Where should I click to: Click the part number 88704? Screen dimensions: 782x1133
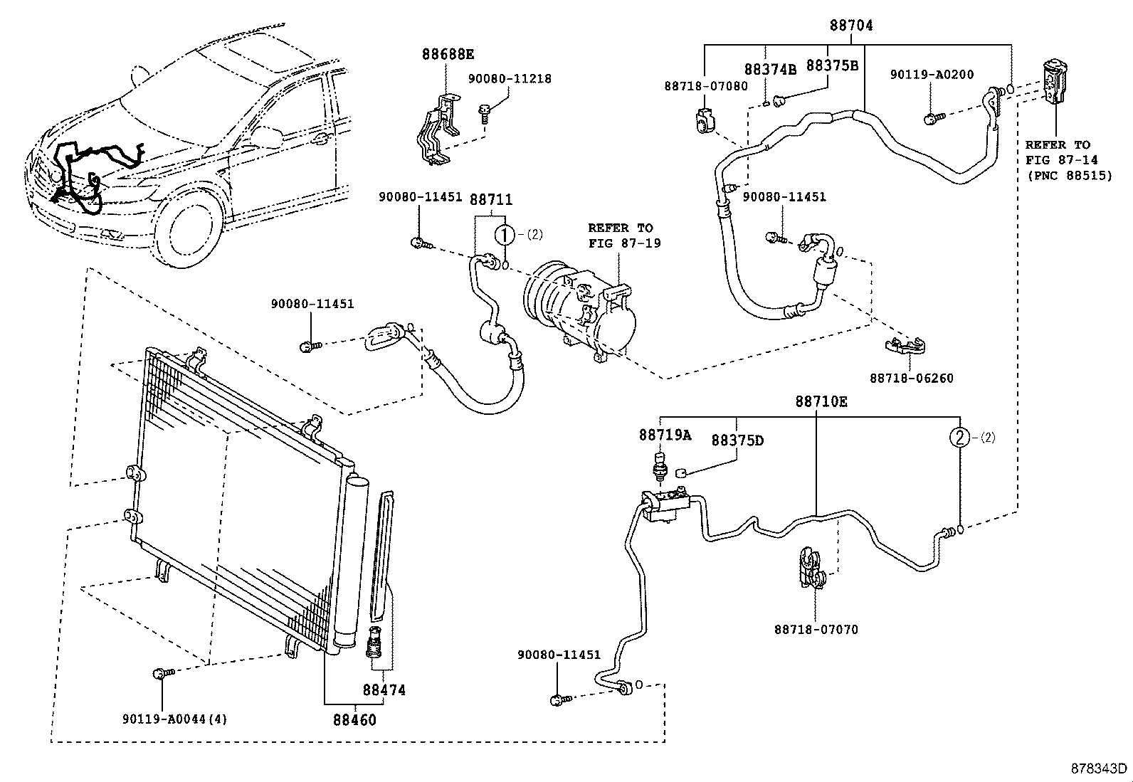point(850,26)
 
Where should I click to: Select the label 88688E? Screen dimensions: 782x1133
point(448,54)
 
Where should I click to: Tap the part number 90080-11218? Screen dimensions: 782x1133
point(510,79)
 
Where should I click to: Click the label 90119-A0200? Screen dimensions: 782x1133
point(932,75)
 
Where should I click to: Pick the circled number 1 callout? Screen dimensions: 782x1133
point(504,234)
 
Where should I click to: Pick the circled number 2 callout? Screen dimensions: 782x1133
point(960,438)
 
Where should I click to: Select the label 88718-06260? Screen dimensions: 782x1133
point(911,379)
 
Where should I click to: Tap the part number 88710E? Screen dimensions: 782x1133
point(821,402)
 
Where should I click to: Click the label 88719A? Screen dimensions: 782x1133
point(665,435)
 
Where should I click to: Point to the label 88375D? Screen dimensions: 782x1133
point(737,440)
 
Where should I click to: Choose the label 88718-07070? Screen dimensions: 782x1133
point(816,630)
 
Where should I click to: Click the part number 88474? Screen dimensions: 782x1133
point(384,690)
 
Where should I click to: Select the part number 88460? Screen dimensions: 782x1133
point(354,719)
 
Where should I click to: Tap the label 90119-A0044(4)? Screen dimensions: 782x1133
point(175,719)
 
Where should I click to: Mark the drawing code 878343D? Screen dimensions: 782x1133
point(1100,768)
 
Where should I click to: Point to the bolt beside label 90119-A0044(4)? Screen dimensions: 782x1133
point(159,672)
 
